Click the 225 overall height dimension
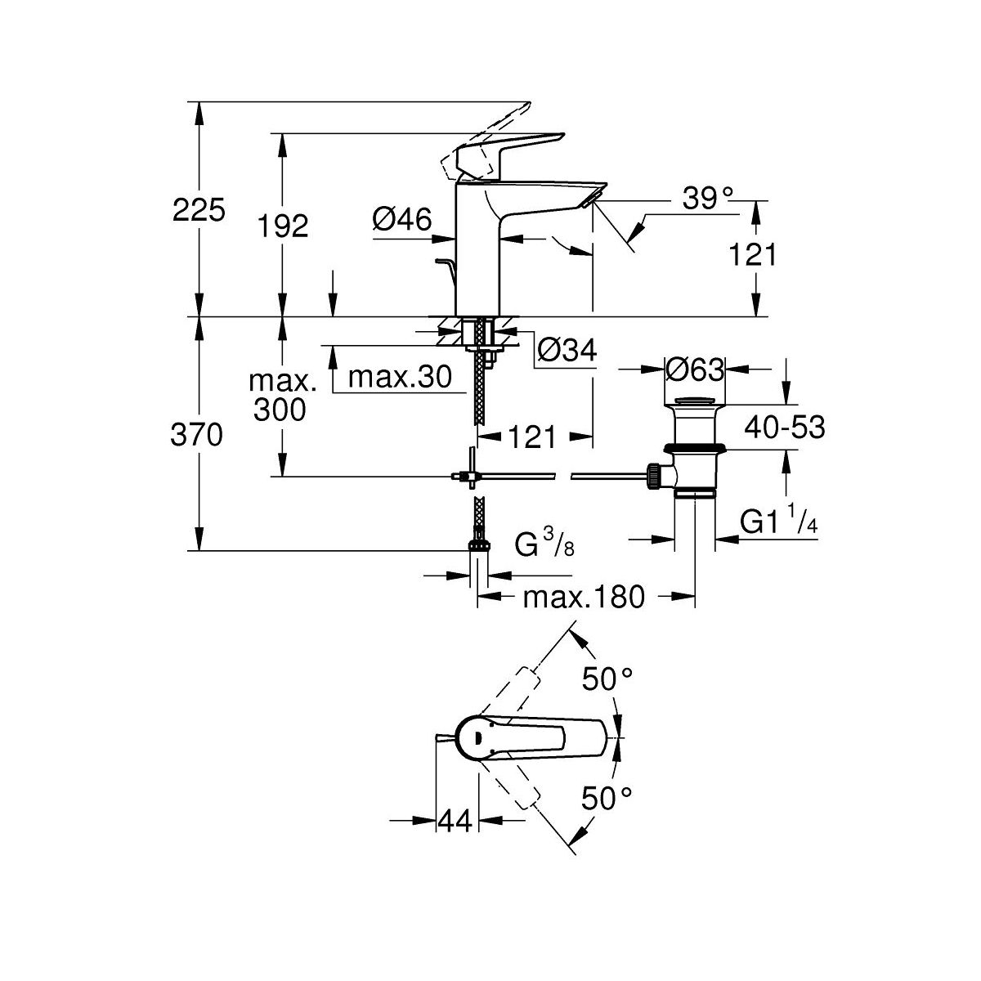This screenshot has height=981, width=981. pyautogui.click(x=199, y=211)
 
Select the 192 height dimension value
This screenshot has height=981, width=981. pyautogui.click(x=283, y=226)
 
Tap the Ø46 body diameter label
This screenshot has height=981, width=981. pyautogui.click(x=401, y=218)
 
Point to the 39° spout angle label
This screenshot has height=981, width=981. pyautogui.click(x=707, y=198)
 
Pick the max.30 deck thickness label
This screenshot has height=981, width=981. pyautogui.click(x=400, y=378)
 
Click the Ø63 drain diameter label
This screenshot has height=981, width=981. pyautogui.click(x=696, y=370)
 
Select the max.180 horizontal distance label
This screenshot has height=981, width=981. pyautogui.click(x=584, y=598)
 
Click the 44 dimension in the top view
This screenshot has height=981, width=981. pyautogui.click(x=456, y=820)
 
